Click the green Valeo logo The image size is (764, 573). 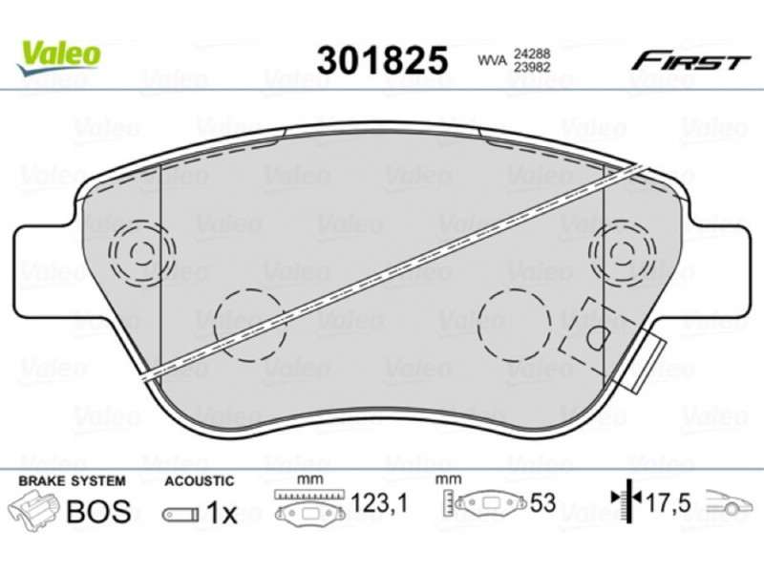pyautogui.click(x=58, y=57)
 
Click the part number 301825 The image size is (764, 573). pyautogui.click(x=382, y=60)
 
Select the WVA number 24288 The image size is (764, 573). pyautogui.click(x=531, y=53)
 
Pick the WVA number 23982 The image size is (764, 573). pyautogui.click(x=531, y=67)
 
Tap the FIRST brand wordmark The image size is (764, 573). pyautogui.click(x=690, y=62)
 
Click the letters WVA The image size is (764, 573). pyautogui.click(x=492, y=60)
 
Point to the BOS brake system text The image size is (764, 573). pyautogui.click(x=99, y=511)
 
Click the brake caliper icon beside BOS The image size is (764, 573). pyautogui.click(x=35, y=510)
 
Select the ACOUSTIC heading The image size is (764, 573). pyautogui.click(x=200, y=481)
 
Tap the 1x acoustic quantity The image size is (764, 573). pyautogui.click(x=222, y=513)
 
